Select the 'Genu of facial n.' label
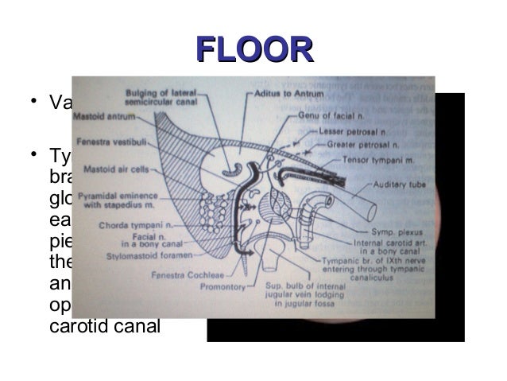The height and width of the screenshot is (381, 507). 327,116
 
